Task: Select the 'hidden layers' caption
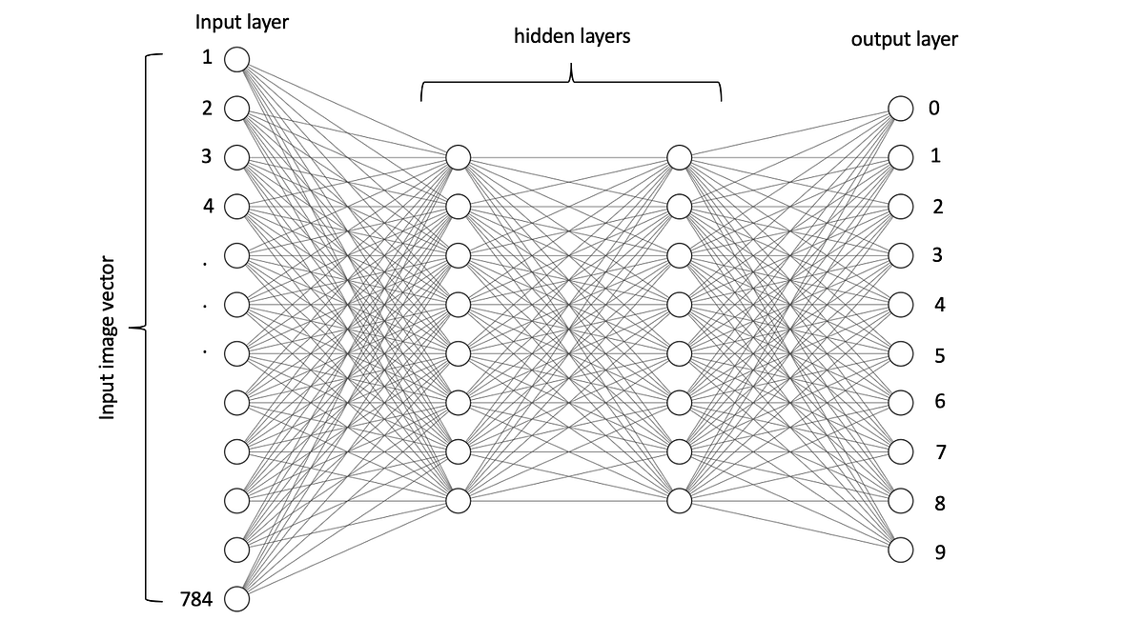[x=572, y=37]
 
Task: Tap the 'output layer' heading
[x=904, y=40]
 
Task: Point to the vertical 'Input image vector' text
[x=109, y=337]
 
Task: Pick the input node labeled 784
[x=235, y=599]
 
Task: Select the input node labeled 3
[x=235, y=157]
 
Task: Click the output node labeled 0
[x=901, y=109]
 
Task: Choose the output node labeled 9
[x=901, y=550]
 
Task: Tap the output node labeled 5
[x=901, y=353]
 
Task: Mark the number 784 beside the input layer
[x=196, y=599]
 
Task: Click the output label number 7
[x=940, y=452]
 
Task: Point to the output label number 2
[x=938, y=207]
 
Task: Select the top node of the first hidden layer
[x=458, y=157]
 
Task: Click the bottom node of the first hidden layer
[x=458, y=500]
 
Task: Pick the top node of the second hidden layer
[x=679, y=157]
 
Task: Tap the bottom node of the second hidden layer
[x=679, y=500]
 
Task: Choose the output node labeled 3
[x=901, y=255]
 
